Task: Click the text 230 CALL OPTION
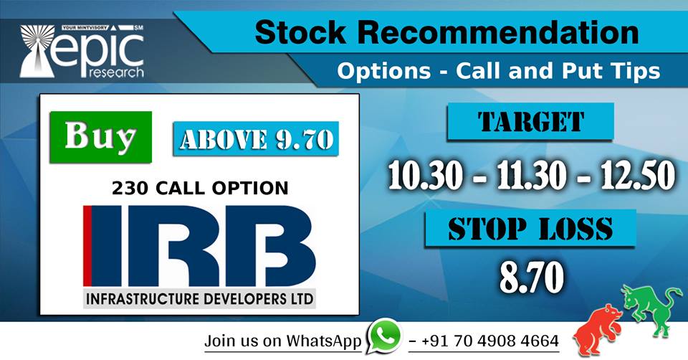coord(200,189)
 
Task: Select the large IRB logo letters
coord(200,246)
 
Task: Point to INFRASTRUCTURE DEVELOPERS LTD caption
coord(200,298)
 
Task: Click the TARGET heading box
coord(531,122)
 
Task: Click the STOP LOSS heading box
coord(530,228)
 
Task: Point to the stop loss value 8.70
coord(530,277)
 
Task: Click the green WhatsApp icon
coord(385,336)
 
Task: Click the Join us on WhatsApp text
coord(282,341)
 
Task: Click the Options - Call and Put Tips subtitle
coord(499,71)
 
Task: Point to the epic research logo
coord(82,52)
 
